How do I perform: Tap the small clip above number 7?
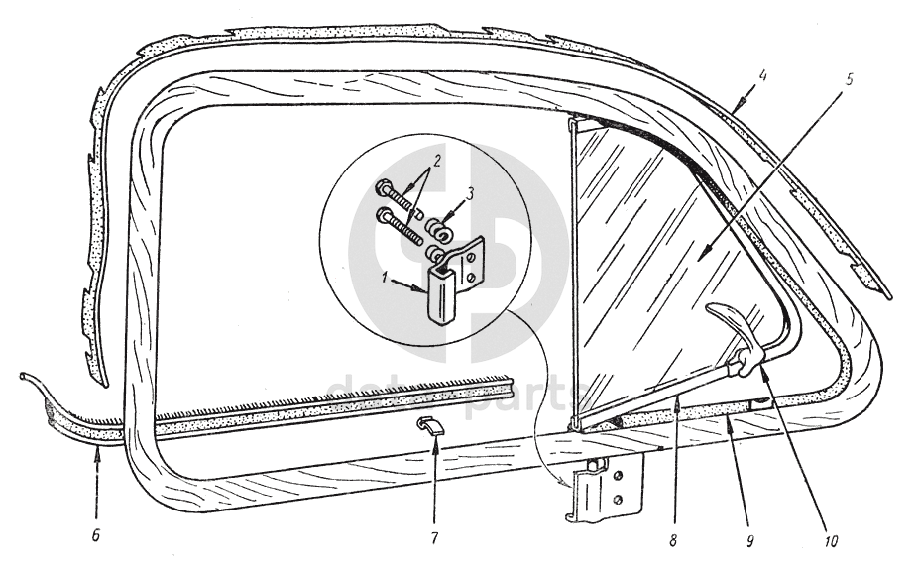coord(429,427)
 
